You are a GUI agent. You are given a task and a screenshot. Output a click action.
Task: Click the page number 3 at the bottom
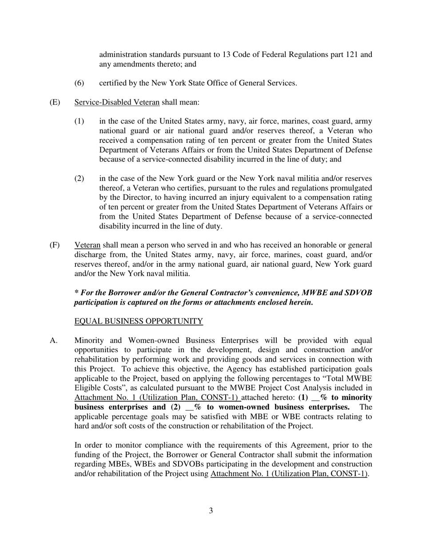(211, 511)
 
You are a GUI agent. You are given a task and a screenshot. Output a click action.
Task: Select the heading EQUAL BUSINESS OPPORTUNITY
(139, 321)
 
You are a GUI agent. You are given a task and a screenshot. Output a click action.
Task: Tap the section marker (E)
(55, 102)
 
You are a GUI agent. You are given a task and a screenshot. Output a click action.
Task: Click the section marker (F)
(55, 245)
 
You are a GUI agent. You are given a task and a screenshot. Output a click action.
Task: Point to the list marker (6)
(79, 83)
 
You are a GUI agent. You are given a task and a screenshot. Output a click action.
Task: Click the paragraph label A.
(53, 341)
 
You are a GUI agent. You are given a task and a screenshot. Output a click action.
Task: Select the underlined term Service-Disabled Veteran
(117, 102)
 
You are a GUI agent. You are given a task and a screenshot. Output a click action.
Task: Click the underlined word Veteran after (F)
(88, 245)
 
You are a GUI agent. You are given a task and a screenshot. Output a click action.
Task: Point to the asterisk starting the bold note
(76, 293)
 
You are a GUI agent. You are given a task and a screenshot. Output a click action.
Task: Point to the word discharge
(90, 254)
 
